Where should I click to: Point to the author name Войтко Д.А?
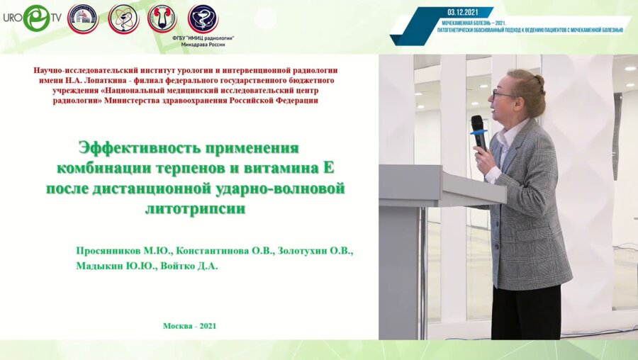(190, 266)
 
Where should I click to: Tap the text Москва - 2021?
(189, 326)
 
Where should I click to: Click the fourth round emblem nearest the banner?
(203, 18)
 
